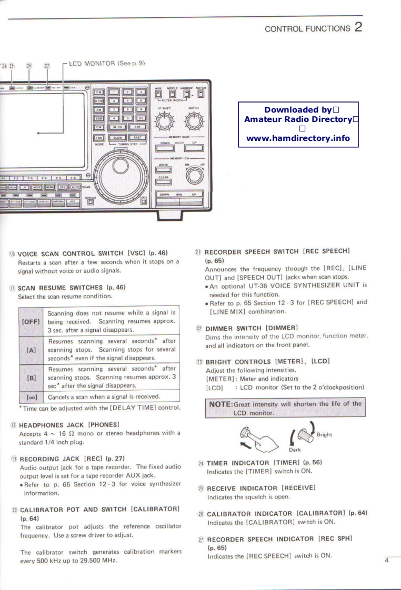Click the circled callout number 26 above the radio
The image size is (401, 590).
tap(30, 66)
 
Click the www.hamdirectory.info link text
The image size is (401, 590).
tap(298, 139)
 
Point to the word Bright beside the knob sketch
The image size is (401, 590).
tap(325, 434)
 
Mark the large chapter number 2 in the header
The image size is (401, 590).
tap(358, 27)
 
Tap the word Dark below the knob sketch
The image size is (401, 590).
tap(295, 450)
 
